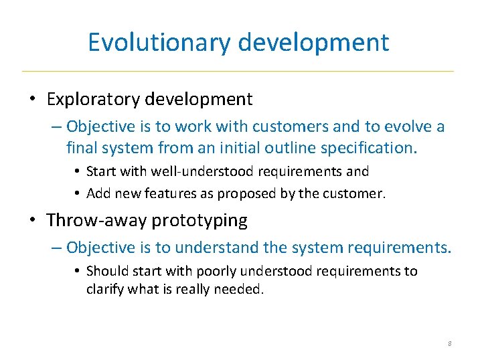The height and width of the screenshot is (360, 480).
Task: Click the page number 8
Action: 449,343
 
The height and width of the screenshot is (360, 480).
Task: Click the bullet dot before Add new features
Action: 78,195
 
